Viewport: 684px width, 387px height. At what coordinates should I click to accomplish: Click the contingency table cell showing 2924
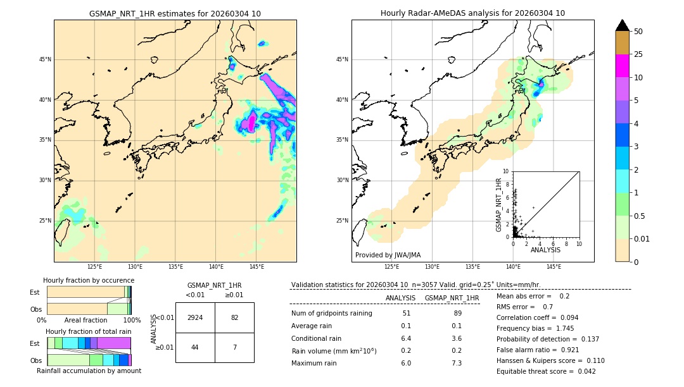(x=195, y=317)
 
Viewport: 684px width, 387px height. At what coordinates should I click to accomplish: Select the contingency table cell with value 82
(x=234, y=317)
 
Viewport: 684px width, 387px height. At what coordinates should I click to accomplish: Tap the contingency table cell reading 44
(x=195, y=348)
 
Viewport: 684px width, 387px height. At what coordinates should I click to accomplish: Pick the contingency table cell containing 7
(x=234, y=348)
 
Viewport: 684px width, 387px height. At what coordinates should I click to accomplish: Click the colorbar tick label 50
(x=638, y=32)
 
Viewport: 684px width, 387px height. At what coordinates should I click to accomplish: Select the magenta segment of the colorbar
(x=623, y=66)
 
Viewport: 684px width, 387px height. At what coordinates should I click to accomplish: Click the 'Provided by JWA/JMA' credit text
(x=388, y=255)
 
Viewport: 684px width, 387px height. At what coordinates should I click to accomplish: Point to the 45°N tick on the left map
(x=45, y=60)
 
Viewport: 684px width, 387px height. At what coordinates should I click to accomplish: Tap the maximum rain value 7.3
(x=456, y=364)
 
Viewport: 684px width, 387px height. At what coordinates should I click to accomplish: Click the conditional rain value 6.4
(x=406, y=338)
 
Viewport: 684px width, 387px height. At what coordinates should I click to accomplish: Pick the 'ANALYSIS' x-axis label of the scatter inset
(x=546, y=250)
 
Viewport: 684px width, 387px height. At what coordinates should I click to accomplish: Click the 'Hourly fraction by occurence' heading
(x=89, y=281)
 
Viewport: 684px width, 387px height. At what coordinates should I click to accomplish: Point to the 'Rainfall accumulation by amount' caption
(x=89, y=371)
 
